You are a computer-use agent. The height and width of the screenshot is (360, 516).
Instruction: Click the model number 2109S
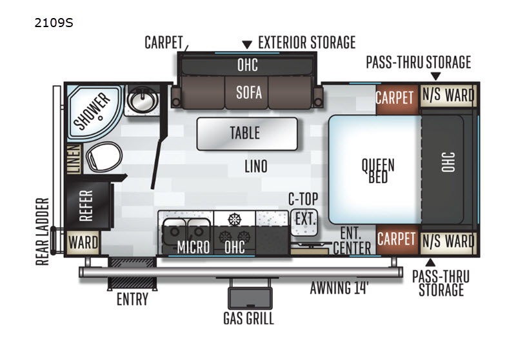pyautogui.click(x=54, y=23)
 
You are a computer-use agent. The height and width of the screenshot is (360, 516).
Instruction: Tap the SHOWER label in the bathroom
pyautogui.click(x=92, y=110)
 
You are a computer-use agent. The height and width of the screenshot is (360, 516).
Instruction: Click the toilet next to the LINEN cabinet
pyautogui.click(x=104, y=157)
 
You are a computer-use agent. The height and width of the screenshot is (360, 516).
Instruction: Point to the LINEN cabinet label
pyautogui.click(x=74, y=159)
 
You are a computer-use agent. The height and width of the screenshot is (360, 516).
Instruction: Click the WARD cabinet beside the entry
pyautogui.click(x=83, y=243)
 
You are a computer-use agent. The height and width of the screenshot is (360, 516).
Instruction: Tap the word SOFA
pyautogui.click(x=249, y=93)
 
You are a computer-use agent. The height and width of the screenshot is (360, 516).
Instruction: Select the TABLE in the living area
pyautogui.click(x=247, y=134)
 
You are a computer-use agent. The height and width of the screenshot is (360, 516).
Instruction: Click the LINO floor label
pyautogui.click(x=255, y=166)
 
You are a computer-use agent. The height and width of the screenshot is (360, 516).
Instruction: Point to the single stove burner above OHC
pyautogui.click(x=234, y=219)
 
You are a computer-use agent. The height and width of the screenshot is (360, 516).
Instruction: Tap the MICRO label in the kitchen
pyautogui.click(x=193, y=247)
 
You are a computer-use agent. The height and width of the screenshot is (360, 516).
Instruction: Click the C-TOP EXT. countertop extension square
pyautogui.click(x=304, y=223)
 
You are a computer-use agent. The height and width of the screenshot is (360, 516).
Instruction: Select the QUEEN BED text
pyautogui.click(x=378, y=170)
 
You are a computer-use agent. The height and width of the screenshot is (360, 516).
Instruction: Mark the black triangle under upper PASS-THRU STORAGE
pyautogui.click(x=436, y=76)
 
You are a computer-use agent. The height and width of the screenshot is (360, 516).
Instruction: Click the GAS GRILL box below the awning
pyautogui.click(x=250, y=298)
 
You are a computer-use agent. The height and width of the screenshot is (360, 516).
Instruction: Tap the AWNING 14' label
pyautogui.click(x=339, y=288)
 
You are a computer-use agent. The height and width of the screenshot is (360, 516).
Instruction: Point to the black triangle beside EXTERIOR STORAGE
pyautogui.click(x=247, y=45)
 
